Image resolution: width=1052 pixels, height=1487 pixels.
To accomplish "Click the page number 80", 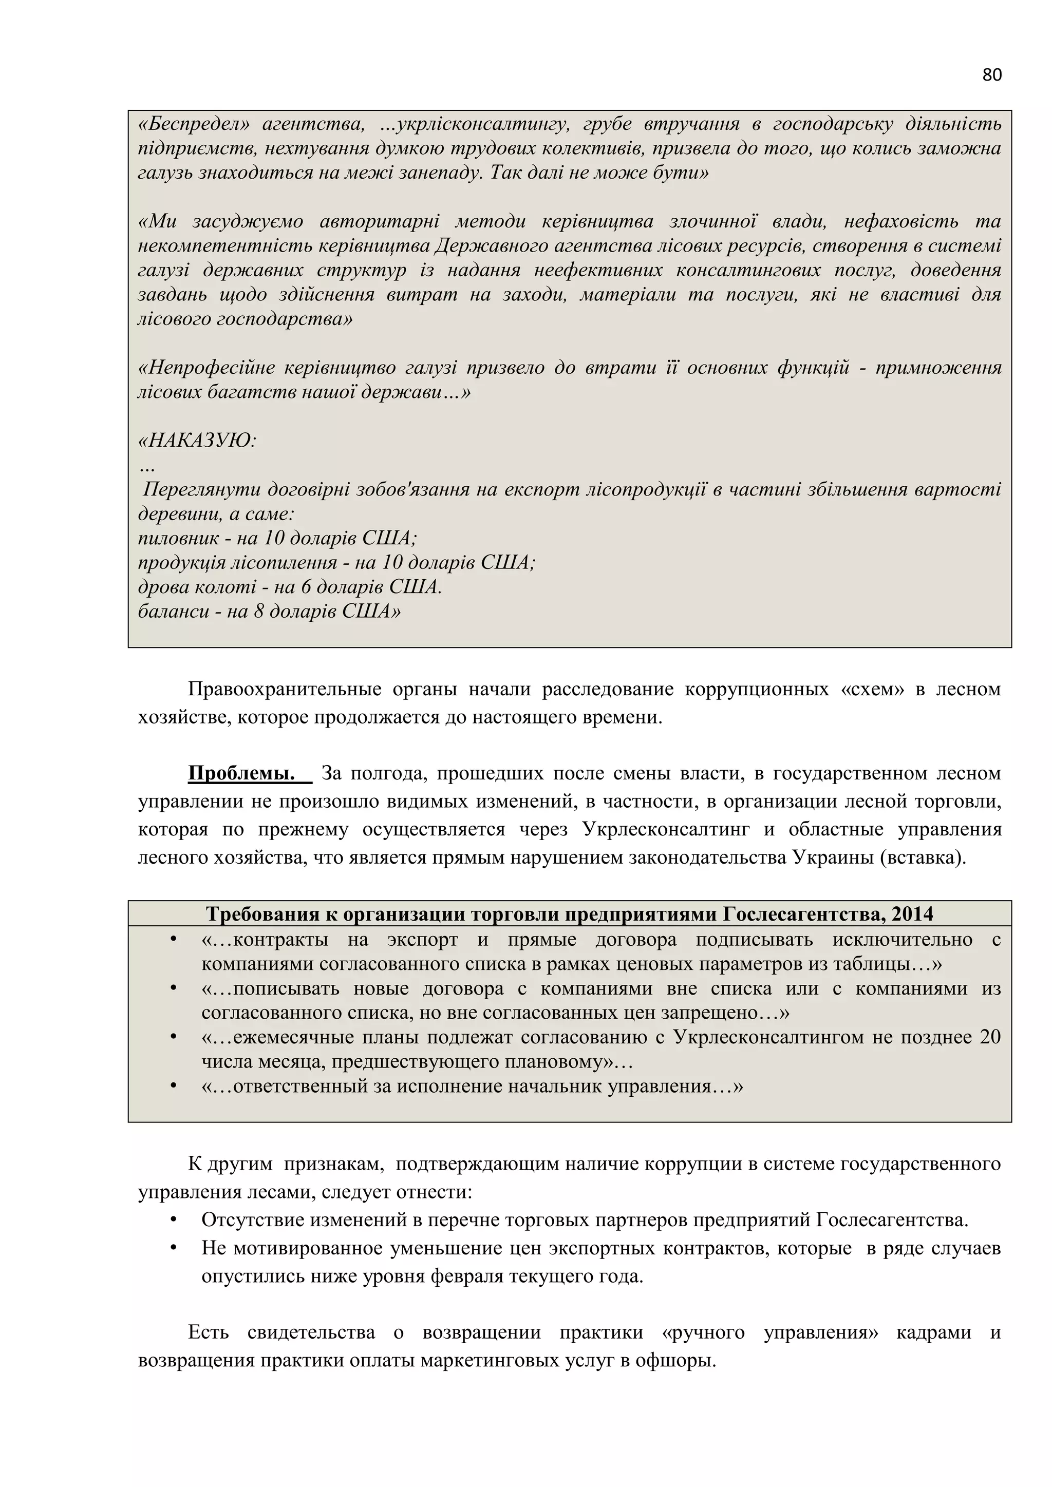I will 991,75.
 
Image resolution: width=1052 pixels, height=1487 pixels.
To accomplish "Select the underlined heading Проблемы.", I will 241,773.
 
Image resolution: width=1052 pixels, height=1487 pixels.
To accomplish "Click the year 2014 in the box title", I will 912,914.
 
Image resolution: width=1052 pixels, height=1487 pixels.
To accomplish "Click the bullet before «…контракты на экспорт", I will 173,940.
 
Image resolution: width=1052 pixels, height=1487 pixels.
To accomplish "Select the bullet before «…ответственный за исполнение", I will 173,1086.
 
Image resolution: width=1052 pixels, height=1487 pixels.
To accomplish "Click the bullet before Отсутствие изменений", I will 173,1220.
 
